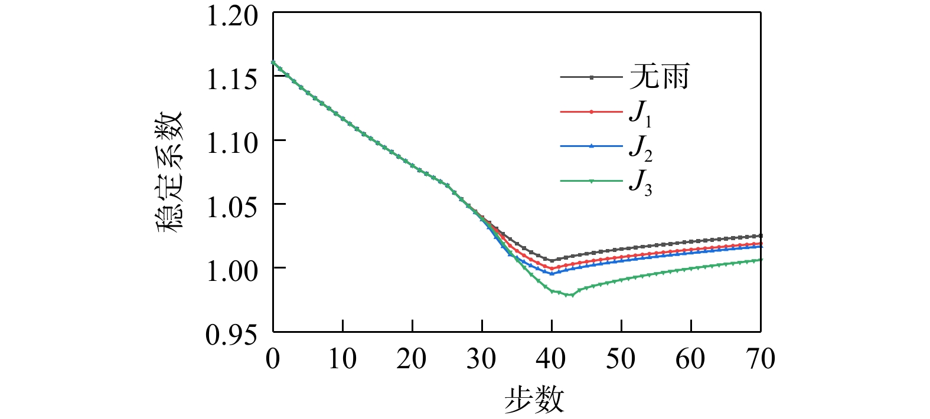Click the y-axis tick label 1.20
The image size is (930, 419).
pos(232,16)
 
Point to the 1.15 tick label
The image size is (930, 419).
pos(232,79)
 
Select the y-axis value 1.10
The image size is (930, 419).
pos(232,143)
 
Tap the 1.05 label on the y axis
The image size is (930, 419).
pos(232,207)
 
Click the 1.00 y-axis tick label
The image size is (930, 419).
pos(232,270)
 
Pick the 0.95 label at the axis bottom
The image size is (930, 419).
pos(232,335)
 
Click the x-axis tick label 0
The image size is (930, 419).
pos(273,359)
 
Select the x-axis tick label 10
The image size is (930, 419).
pos(342,359)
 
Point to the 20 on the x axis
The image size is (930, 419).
pos(412,359)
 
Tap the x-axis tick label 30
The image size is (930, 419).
pos(482,359)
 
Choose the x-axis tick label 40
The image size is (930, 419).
pos(552,359)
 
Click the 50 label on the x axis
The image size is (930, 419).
pos(621,359)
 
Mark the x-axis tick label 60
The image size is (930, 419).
pos(691,359)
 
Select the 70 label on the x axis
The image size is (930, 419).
pos(761,359)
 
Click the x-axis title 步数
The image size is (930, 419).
pos(534,400)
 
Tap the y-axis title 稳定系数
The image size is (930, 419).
pos(170,172)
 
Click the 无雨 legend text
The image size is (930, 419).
pos(659,77)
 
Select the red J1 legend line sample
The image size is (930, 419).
pos(591,112)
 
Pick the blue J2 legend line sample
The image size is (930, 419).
pos(591,146)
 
